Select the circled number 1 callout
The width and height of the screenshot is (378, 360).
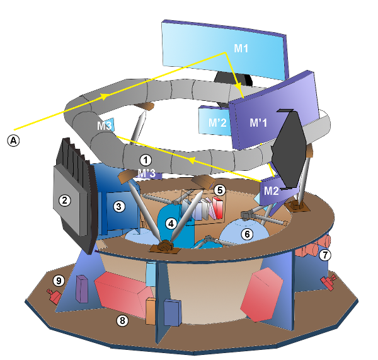(146, 160)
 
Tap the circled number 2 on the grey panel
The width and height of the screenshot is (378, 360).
(64, 200)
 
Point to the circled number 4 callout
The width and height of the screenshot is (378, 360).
(171, 223)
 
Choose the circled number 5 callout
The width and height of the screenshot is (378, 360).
(219, 189)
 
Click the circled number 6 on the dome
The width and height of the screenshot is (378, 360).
(247, 234)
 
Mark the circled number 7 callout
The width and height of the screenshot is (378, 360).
(325, 255)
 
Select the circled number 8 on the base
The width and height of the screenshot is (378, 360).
(122, 320)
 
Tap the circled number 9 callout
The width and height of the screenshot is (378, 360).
(59, 280)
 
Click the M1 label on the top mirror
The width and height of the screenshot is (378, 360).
(242, 48)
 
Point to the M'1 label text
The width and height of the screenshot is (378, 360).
(259, 122)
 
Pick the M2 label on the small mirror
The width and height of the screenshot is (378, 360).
(271, 190)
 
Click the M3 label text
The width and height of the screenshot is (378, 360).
(105, 126)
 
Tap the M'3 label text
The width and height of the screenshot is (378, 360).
(146, 173)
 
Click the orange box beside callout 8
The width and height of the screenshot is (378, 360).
(151, 311)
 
